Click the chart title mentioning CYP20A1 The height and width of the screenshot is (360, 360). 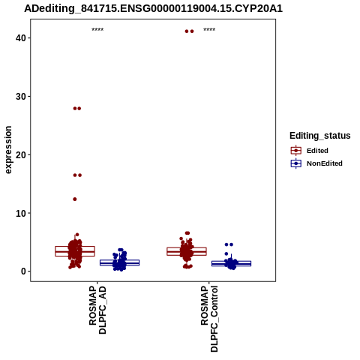(x=153, y=9)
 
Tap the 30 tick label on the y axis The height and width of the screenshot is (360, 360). (x=20, y=97)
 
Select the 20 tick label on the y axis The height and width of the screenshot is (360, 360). (x=20, y=154)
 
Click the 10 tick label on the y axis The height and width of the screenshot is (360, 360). (x=20, y=213)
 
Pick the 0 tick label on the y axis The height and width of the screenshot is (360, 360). (x=23, y=271)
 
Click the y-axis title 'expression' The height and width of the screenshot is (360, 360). (x=8, y=150)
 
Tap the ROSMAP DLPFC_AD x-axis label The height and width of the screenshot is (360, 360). (x=97, y=310)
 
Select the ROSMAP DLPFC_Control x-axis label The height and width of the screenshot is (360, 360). (x=209, y=319)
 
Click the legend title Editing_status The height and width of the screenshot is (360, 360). (x=320, y=136)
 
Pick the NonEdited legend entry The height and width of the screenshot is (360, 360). (x=316, y=163)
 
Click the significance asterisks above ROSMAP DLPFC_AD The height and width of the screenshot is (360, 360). (x=97, y=30)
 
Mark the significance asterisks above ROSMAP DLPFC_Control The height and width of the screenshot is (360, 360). (x=209, y=30)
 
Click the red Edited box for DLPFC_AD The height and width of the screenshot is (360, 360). (x=75, y=251)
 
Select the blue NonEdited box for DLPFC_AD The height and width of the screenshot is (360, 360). (x=119, y=262)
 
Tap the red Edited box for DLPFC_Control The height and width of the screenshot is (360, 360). (x=187, y=251)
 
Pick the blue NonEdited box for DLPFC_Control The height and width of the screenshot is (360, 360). (x=231, y=263)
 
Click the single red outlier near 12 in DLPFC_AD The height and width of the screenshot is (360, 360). (x=75, y=199)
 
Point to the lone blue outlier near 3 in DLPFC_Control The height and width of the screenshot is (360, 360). (x=226, y=253)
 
